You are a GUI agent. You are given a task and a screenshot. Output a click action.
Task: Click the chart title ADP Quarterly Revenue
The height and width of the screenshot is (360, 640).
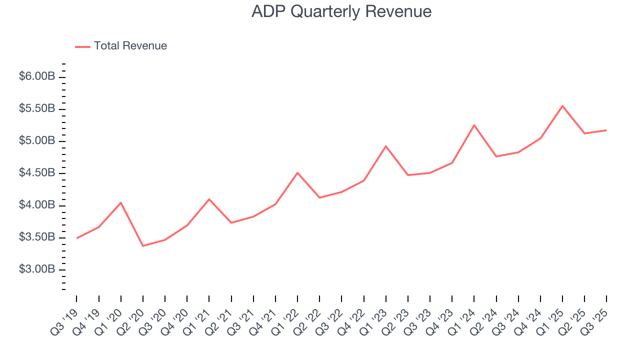point(341,11)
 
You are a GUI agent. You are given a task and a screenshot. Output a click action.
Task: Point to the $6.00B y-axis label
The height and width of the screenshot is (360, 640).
point(37,76)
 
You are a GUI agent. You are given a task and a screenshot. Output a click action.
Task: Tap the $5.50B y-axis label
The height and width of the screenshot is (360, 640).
point(37,109)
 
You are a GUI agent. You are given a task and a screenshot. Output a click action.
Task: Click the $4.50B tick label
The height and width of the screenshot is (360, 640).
point(37,173)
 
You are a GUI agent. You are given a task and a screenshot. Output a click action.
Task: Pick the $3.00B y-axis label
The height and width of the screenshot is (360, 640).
point(37,269)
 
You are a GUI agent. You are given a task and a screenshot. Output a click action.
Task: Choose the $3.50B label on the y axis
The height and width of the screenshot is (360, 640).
point(37,237)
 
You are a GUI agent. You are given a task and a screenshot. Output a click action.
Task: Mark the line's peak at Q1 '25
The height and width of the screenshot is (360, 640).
point(562,106)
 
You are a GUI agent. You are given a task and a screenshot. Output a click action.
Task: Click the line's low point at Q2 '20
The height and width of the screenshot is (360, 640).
point(143,246)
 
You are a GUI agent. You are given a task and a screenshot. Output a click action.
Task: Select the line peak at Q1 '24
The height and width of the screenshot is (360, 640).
point(474,125)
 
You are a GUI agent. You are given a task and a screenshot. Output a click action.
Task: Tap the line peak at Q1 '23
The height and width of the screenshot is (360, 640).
point(386,146)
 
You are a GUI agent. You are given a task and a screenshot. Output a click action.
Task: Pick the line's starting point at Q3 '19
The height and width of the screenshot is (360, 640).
point(77,238)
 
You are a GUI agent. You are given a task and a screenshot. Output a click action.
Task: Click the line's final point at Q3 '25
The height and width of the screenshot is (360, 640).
point(606,130)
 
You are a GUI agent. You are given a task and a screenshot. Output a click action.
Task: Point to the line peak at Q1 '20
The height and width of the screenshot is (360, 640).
point(121,202)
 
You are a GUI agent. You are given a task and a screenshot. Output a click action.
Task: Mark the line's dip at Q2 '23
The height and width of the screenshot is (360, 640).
point(408,175)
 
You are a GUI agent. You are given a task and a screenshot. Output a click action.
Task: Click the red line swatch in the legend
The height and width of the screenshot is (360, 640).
point(82,46)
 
